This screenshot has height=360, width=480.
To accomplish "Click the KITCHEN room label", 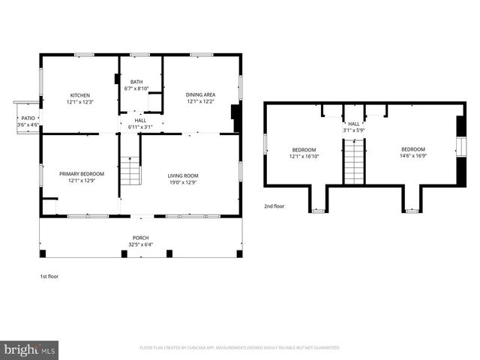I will point(80,95).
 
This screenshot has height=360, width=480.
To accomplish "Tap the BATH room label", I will point(136,82).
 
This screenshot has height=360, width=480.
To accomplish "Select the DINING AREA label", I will point(201,94).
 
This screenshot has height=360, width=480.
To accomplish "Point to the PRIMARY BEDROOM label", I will point(82,173).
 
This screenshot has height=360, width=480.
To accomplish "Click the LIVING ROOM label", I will point(182,175).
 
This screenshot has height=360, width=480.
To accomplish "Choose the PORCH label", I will point(141,237).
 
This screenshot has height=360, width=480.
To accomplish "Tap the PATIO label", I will point(28,118).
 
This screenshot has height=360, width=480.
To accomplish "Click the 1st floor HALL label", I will point(140,120).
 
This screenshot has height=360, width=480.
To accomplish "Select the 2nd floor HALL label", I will point(353,124).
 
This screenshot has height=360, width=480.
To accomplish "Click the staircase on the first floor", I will point(130,171).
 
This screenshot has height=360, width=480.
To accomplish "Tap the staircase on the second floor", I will point(354,160).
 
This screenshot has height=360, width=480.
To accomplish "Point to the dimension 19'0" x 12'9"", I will point(182,181).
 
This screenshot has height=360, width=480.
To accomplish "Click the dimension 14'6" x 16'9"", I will point(412,156).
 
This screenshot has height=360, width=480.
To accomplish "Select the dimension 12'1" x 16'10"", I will point(304,156).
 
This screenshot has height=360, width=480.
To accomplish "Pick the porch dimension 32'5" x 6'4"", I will point(141,244).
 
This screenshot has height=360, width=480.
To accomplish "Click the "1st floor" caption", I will point(49,276).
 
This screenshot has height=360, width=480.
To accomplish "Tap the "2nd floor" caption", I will point(274,205).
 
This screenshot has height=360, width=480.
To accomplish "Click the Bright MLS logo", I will point(29,349).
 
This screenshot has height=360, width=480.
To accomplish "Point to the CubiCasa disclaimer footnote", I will point(240,348).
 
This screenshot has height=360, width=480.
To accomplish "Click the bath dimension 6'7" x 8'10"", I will point(136,88).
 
